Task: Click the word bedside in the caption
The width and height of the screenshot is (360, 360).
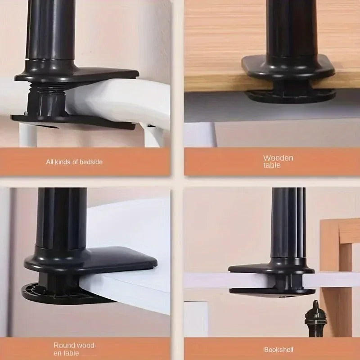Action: pyautogui.click(x=91, y=162)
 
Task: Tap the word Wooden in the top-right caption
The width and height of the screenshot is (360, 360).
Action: pyautogui.click(x=278, y=158)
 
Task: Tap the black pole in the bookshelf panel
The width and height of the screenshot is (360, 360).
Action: pyautogui.click(x=288, y=225)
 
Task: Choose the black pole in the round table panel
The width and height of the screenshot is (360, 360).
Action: pyautogui.click(x=61, y=220)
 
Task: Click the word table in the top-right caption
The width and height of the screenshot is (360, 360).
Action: pyautogui.click(x=272, y=165)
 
